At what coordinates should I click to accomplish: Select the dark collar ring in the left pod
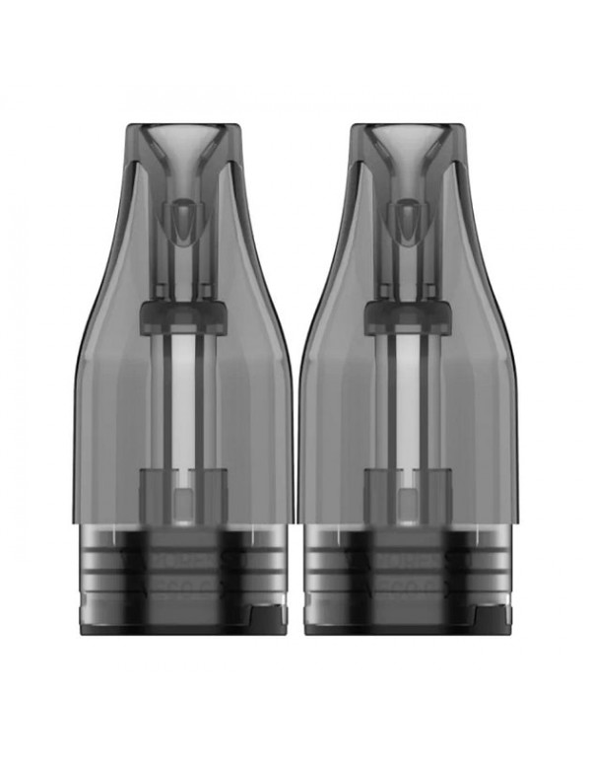point(182,313)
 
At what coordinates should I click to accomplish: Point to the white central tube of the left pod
point(182,394)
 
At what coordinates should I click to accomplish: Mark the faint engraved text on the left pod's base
point(182,557)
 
